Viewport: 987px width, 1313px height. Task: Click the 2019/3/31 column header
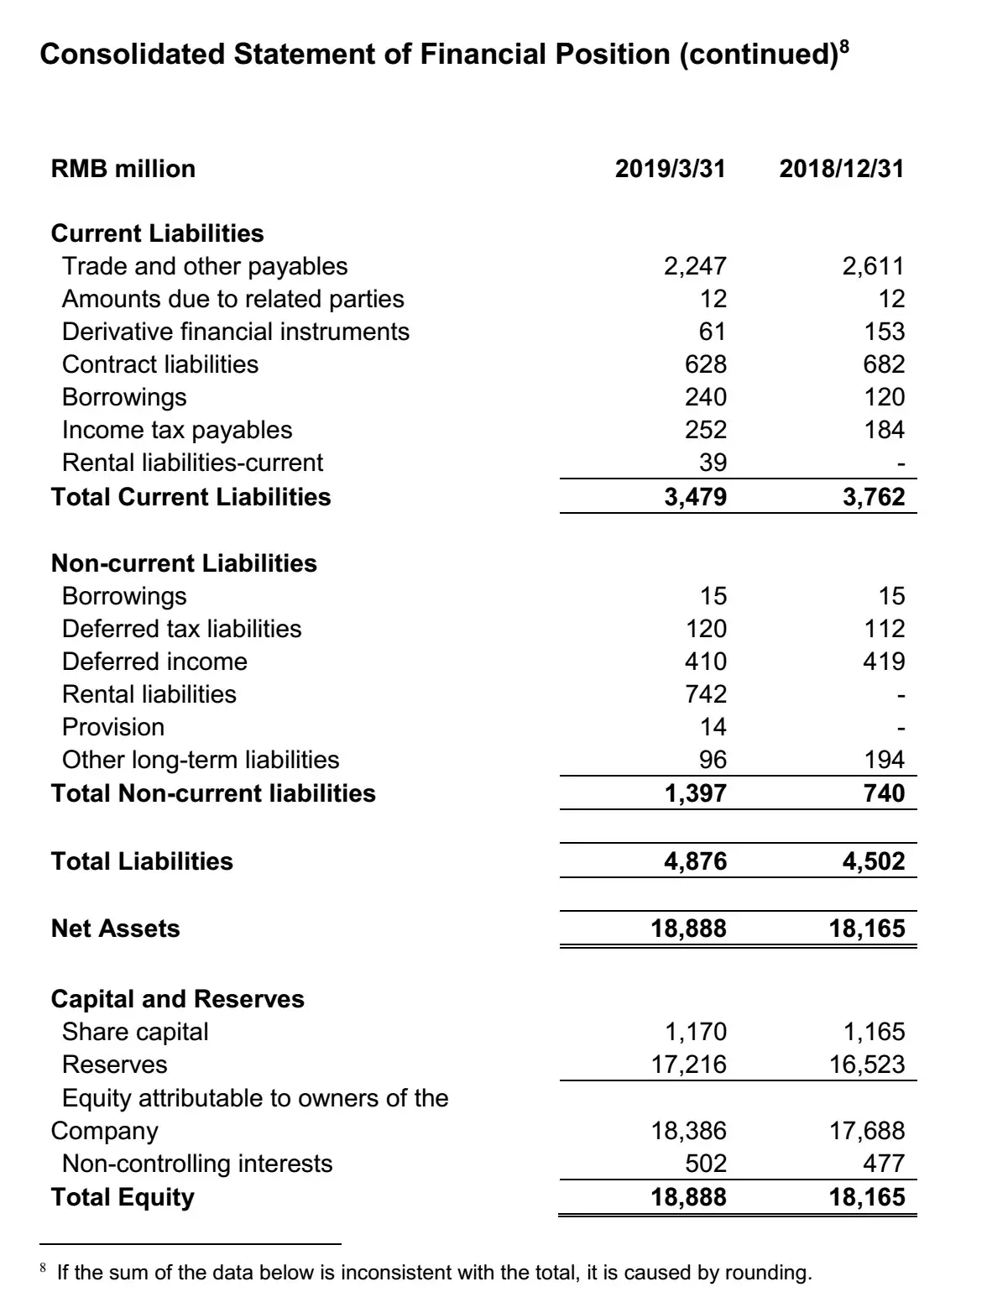(x=670, y=169)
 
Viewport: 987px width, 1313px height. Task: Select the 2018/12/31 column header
(x=842, y=169)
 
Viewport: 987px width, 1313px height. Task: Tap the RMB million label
(x=123, y=169)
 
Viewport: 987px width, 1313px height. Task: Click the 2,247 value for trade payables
(x=695, y=266)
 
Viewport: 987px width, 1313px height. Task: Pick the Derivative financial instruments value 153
(x=885, y=332)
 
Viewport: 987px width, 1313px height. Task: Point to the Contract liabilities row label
(x=160, y=364)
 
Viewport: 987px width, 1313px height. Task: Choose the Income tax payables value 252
(x=706, y=430)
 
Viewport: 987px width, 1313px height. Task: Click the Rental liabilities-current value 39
(x=713, y=463)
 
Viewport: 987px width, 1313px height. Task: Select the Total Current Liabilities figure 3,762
(x=874, y=497)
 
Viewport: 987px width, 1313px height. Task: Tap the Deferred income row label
(x=154, y=662)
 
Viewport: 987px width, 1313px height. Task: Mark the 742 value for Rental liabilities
(x=706, y=694)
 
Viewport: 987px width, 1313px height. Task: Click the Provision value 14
(x=713, y=727)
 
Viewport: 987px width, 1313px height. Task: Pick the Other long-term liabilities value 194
(x=885, y=760)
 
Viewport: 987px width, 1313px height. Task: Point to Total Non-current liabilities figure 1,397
(x=695, y=793)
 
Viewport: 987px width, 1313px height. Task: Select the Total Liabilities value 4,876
(x=695, y=861)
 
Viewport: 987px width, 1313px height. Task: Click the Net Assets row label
(x=116, y=929)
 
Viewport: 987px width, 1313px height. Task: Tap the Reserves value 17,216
(x=689, y=1065)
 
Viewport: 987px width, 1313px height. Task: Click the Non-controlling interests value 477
(x=885, y=1164)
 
